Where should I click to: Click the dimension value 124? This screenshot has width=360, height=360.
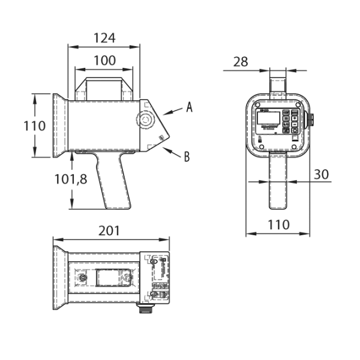tap(104, 38)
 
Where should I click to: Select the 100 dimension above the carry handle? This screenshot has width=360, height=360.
tap(104, 61)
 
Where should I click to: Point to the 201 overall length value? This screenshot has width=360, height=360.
tap(109, 230)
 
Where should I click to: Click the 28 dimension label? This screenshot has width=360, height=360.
tap(241, 61)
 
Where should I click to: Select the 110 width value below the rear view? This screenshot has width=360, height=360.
tap(278, 225)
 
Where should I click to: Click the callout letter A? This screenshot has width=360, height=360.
tap(189, 107)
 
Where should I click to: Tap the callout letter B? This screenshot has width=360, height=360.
tap(187, 157)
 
